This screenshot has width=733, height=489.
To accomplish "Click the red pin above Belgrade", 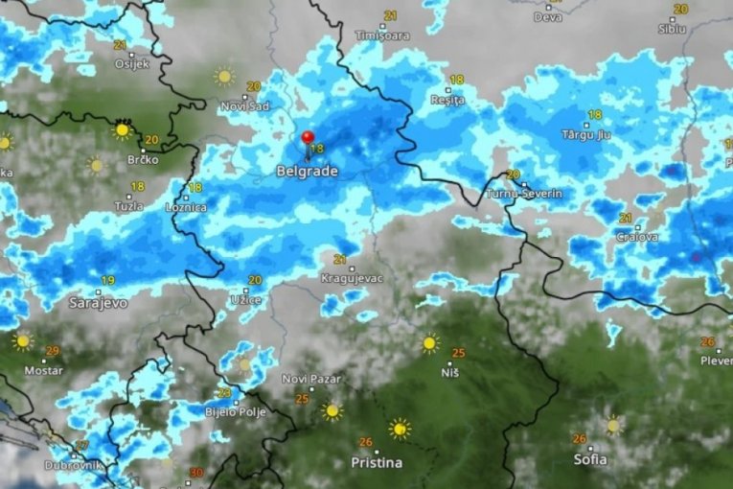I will [x=308, y=140].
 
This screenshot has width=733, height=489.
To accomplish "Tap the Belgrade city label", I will [x=307, y=172].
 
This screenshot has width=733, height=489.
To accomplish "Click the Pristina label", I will [x=376, y=463].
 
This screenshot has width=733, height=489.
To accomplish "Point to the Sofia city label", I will [x=589, y=459].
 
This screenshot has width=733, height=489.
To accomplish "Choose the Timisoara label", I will [x=382, y=35].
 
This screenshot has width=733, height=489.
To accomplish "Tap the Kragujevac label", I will [x=353, y=278].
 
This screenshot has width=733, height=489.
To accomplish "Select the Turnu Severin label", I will [x=524, y=194].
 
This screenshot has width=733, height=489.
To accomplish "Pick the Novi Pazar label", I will [x=308, y=379].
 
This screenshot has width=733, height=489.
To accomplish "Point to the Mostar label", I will [x=43, y=370].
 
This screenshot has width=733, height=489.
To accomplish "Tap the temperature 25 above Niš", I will [x=458, y=353].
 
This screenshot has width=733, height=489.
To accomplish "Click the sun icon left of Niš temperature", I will [x=430, y=342].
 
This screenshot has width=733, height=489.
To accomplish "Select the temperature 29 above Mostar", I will [x=52, y=351].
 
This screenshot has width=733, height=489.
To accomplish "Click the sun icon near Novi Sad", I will [x=224, y=76].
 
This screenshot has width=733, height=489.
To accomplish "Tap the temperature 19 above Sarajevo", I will [x=107, y=280].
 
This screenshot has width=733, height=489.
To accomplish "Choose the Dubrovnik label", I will [x=71, y=465].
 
